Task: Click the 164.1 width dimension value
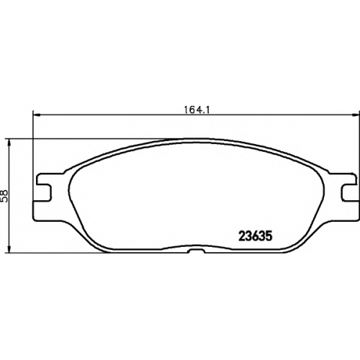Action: point(197,110)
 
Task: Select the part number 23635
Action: point(255,236)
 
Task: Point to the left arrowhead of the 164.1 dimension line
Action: point(36,115)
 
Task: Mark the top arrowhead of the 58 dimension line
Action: point(9,143)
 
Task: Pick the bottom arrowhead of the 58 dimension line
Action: point(9,249)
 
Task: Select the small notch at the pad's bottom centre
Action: point(197,251)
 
